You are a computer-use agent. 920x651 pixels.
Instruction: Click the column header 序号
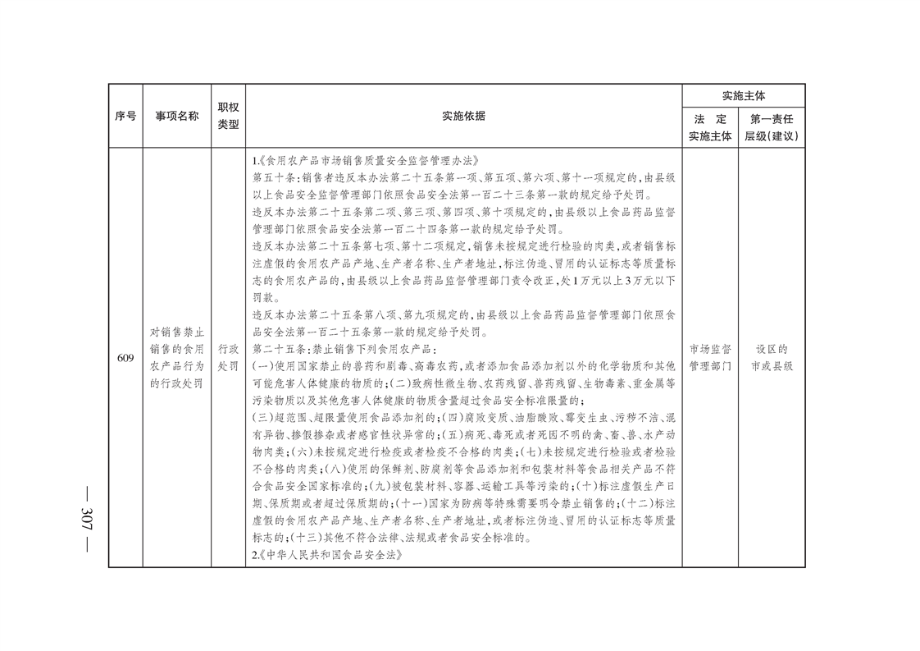click(x=125, y=117)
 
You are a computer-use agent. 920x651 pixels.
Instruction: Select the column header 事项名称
click(x=177, y=117)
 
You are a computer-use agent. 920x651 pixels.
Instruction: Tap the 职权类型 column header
click(x=228, y=117)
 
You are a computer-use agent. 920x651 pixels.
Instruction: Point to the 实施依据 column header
click(x=463, y=117)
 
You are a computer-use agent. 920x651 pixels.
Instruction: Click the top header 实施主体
click(x=743, y=96)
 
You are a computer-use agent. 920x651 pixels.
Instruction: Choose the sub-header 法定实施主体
click(x=710, y=127)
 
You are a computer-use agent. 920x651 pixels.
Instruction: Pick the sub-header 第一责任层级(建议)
click(x=772, y=127)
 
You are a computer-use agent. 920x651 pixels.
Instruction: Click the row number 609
click(x=125, y=358)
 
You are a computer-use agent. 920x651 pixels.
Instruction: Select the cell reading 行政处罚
click(x=228, y=358)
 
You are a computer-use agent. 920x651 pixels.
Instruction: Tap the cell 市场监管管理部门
click(x=710, y=358)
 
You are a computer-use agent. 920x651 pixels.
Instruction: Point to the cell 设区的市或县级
click(x=772, y=358)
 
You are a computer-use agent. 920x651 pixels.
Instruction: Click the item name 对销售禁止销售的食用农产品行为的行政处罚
click(x=177, y=358)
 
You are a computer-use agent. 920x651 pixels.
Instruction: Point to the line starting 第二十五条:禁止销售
click(x=323, y=349)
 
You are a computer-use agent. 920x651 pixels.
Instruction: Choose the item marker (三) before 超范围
click(x=261, y=419)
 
